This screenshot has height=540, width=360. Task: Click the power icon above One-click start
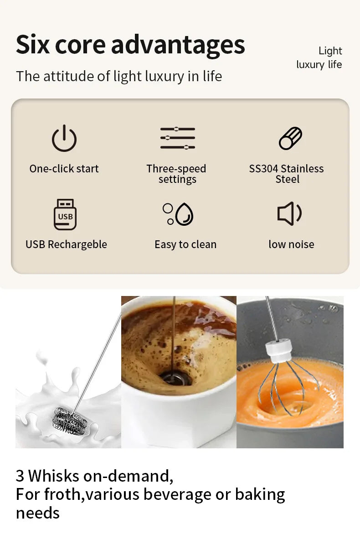coord(64,138)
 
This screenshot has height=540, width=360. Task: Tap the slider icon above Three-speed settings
coord(177,138)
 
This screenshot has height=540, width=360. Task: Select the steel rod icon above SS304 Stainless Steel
coord(290,138)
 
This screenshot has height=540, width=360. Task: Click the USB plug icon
coord(65,214)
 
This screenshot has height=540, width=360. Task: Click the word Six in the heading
coord(33,45)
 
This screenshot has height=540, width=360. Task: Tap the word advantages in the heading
coord(178,45)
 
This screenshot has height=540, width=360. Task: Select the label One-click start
coord(64,169)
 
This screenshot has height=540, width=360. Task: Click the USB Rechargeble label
coord(66,244)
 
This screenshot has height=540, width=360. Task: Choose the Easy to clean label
coord(185,244)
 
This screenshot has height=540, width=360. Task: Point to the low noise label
coord(291,244)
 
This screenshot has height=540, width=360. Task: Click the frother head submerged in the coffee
coord(174,378)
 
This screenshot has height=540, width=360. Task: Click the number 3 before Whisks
coord(20,476)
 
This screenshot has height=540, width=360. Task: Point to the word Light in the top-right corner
coord(330,51)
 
